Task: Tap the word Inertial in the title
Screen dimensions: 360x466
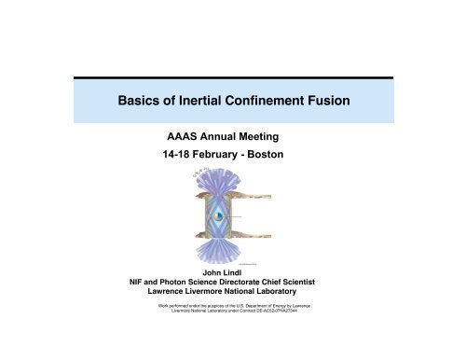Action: coord(203,101)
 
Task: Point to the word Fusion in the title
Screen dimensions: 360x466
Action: coord(350,101)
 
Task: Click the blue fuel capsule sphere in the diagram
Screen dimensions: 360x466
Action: coord(216,216)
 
